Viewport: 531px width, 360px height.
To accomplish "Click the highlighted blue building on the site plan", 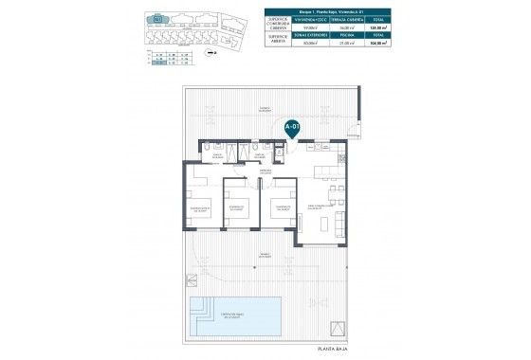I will [x=157, y=17].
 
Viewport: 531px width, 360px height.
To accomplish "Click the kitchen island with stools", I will [x=325, y=171].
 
